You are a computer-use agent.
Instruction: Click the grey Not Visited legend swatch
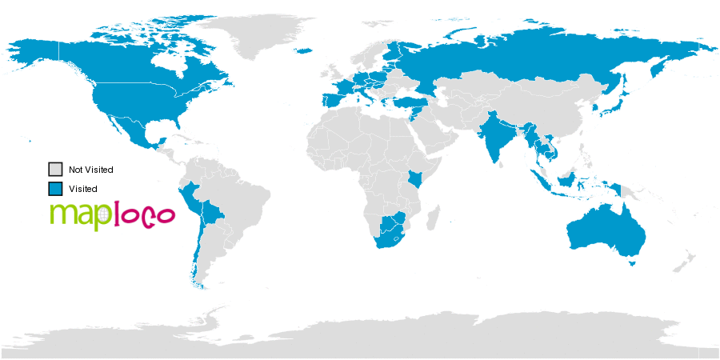tap(55, 170)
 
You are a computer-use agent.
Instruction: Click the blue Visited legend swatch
tap(55, 189)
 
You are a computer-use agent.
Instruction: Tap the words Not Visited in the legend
tap(90, 170)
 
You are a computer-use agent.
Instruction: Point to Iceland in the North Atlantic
tap(304, 51)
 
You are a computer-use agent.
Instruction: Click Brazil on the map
tap(240, 200)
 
